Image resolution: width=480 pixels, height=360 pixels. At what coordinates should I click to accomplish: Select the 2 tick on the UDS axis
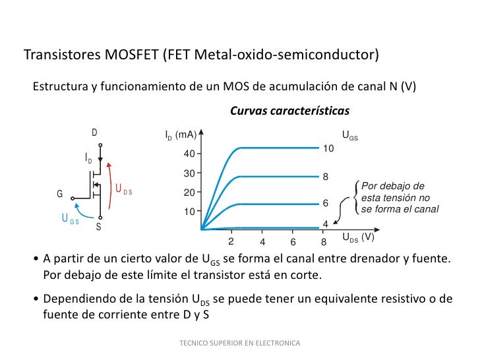231,241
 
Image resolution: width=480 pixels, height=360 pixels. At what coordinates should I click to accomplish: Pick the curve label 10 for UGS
328,150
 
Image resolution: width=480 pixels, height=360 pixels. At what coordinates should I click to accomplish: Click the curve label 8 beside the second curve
325,177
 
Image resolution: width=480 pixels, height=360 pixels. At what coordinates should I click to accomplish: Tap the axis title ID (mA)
181,135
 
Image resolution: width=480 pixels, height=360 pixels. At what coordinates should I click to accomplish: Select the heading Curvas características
289,111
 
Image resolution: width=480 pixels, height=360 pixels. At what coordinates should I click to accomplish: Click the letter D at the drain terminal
95,133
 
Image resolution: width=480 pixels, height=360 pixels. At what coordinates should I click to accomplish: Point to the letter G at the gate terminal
59,195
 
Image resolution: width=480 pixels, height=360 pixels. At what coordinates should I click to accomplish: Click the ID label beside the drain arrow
88,159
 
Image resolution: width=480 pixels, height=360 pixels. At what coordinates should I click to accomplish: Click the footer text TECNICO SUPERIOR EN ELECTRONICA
239,344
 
